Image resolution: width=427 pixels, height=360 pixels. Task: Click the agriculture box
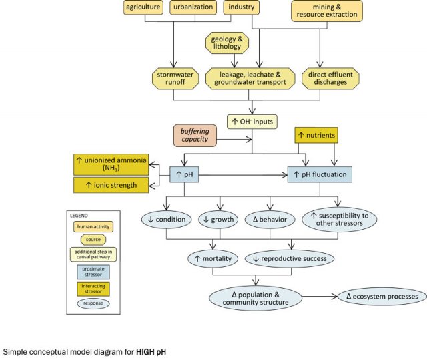point(145,7)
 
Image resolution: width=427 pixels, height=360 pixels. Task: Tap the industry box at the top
point(240,7)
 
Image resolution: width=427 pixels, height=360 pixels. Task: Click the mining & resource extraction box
point(327,10)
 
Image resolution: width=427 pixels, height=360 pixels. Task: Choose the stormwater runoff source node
point(173,78)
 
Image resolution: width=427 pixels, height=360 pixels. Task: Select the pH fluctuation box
point(319,175)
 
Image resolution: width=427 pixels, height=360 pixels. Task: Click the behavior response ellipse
point(270,219)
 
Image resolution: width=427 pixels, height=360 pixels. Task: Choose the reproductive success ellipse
point(290,259)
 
